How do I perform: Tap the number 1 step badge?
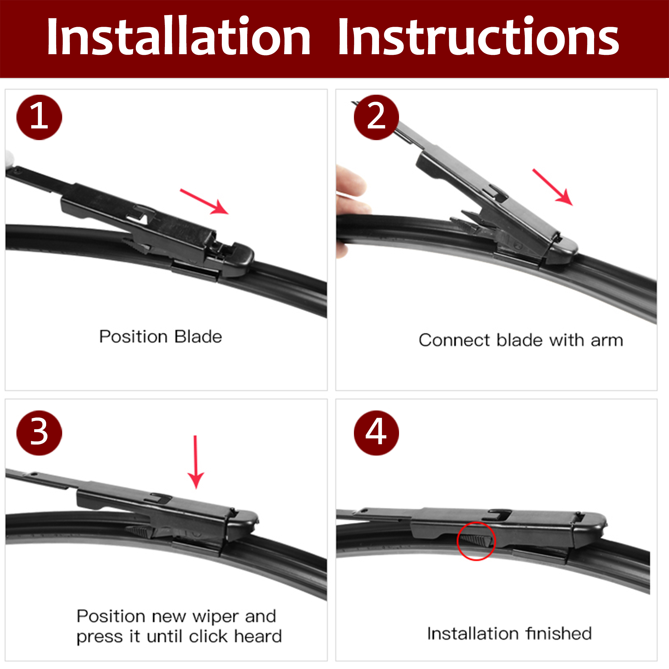tap(39, 117)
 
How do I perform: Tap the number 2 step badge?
tap(376, 117)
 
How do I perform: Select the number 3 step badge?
tap(39, 433)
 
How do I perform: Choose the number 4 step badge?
tap(376, 433)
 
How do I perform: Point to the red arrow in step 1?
tap(204, 201)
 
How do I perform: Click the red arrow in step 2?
tap(553, 187)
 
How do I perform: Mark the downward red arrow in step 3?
tap(196, 462)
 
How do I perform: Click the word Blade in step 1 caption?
tap(198, 337)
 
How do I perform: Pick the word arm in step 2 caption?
tap(607, 341)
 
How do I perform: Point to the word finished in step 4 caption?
tap(558, 633)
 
